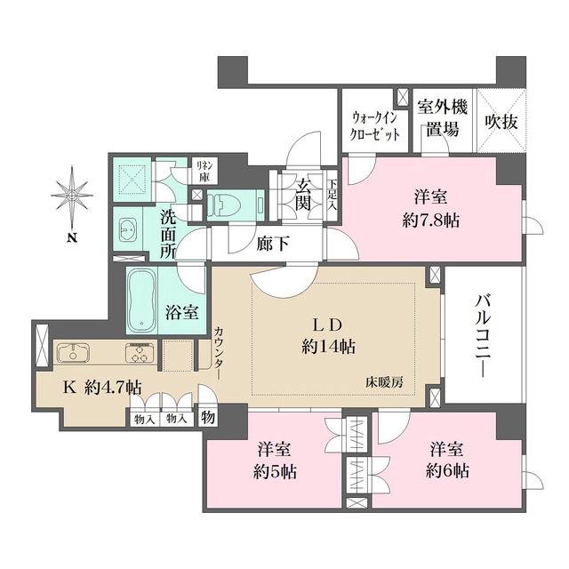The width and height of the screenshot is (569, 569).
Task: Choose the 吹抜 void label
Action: pos(501,119)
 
